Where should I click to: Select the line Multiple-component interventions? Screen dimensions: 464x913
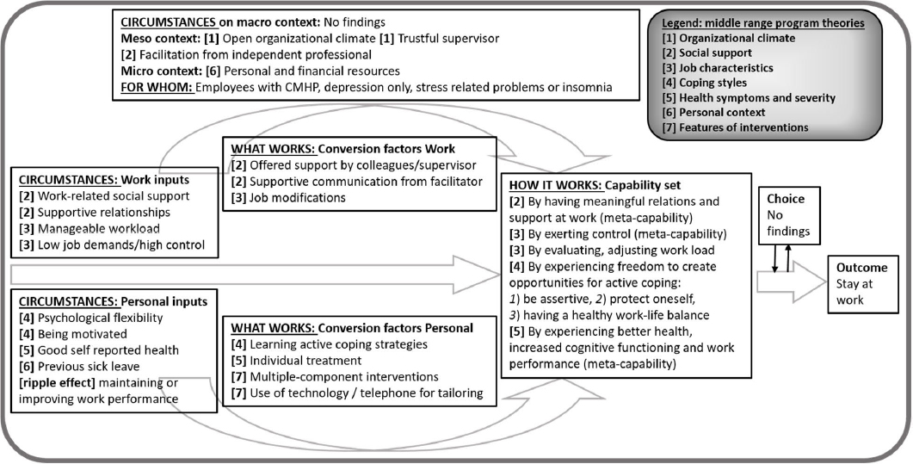pos(342,377)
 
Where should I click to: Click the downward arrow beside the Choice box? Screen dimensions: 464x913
pos(777,257)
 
